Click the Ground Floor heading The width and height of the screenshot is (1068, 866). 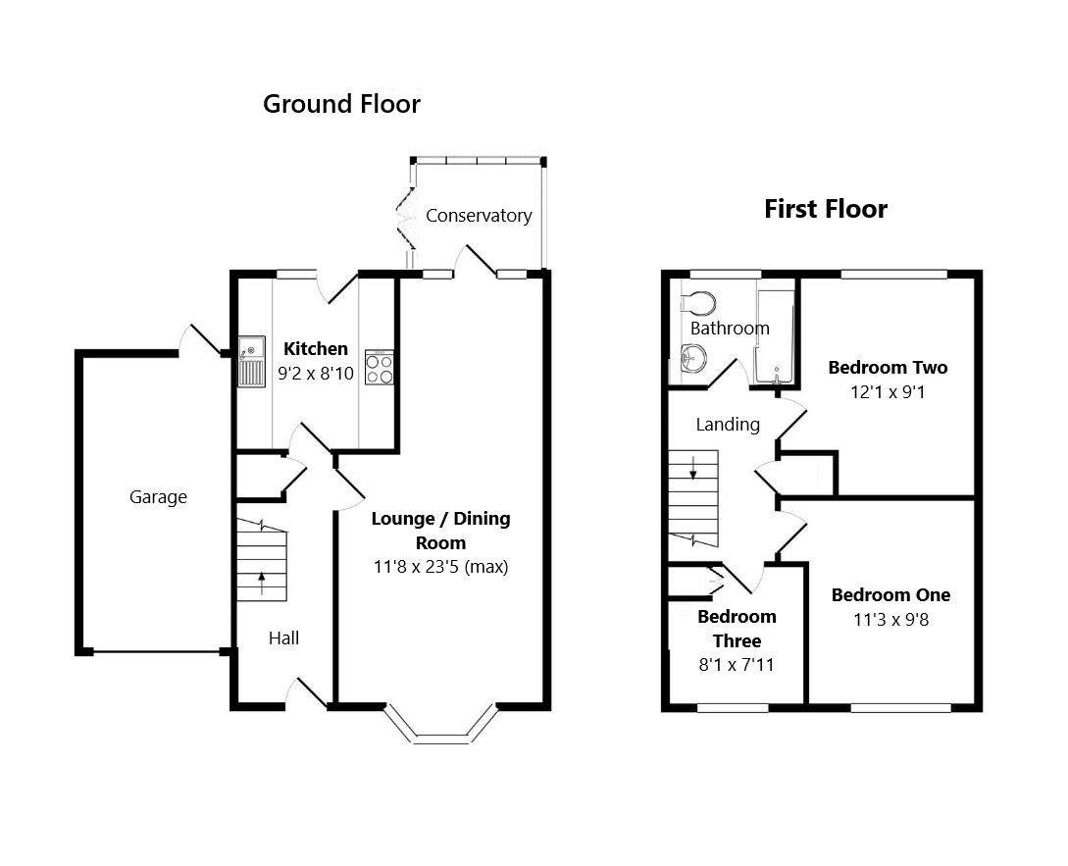click(x=341, y=104)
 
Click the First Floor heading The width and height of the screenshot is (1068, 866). click(x=826, y=209)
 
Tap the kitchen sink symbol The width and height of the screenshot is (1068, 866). click(x=251, y=359)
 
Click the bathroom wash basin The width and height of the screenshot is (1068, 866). click(x=692, y=360)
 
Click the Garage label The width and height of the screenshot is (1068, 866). click(x=158, y=497)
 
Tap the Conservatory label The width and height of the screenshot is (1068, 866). click(x=479, y=216)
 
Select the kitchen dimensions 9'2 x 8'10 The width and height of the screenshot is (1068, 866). click(x=316, y=373)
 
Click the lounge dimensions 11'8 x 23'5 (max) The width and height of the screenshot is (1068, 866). click(x=440, y=566)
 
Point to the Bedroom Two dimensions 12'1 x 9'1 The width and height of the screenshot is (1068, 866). click(x=888, y=391)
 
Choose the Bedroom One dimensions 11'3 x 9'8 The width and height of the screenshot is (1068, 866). click(x=890, y=619)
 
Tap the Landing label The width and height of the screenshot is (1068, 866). click(x=728, y=425)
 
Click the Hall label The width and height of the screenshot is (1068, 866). click(x=284, y=638)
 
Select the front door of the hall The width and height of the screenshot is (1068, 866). click(x=308, y=692)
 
